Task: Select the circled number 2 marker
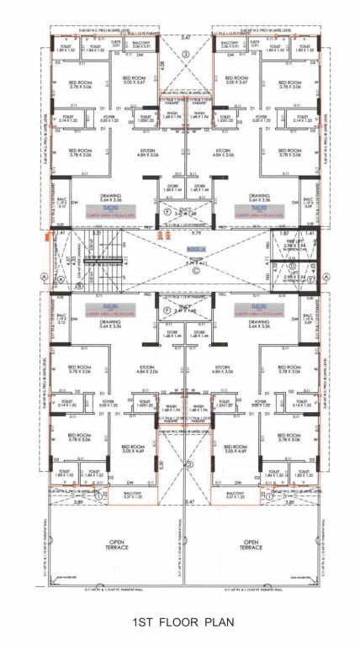point(190,464)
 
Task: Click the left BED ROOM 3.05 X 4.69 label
point(135,449)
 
